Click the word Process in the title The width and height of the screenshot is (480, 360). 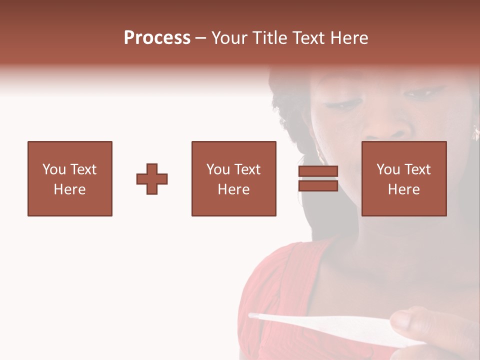pyautogui.click(x=157, y=38)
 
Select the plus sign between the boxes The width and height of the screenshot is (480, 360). pyautogui.click(x=152, y=179)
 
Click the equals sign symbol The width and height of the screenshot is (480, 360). pyautogui.click(x=318, y=178)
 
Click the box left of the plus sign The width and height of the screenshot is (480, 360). pyautogui.click(x=70, y=178)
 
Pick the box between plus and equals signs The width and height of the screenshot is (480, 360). pyautogui.click(x=233, y=178)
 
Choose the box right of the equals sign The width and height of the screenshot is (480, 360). pyautogui.click(x=403, y=178)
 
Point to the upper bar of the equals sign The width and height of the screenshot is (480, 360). pyautogui.click(x=318, y=171)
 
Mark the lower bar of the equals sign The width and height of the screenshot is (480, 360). pyautogui.click(x=318, y=186)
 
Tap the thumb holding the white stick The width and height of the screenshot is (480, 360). pyautogui.click(x=407, y=323)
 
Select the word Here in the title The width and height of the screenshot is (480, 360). pyautogui.click(x=349, y=38)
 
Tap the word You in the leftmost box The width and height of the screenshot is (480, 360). pyautogui.click(x=54, y=169)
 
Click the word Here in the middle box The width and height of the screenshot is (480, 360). pyautogui.click(x=233, y=189)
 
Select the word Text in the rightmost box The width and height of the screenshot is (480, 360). pyautogui.click(x=418, y=169)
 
